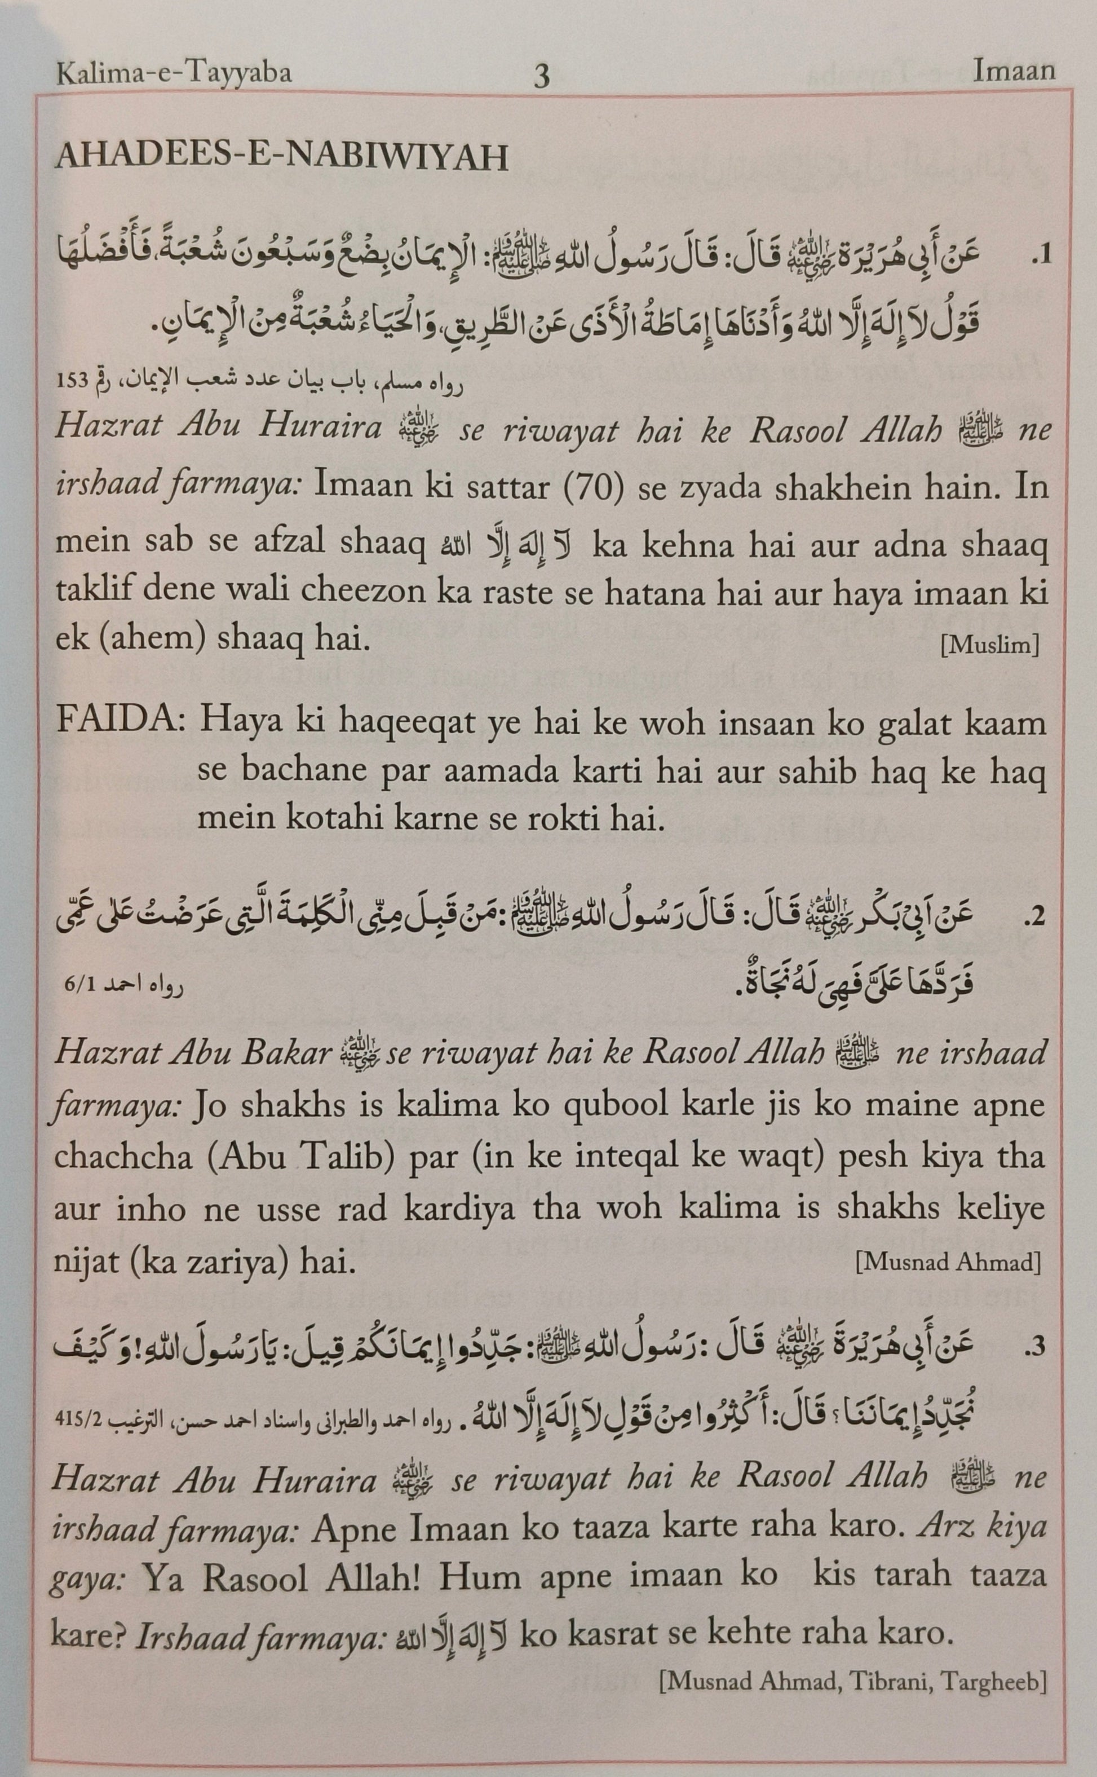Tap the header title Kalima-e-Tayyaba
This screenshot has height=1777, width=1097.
174,73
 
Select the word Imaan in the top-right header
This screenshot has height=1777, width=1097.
1014,71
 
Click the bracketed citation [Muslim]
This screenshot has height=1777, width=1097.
990,645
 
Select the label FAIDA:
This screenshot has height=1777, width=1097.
120,724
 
